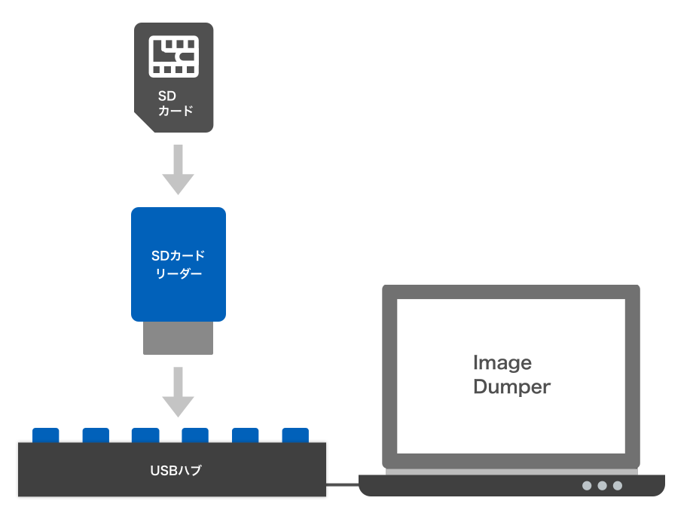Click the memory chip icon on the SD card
click(x=174, y=56)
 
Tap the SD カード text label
click(x=176, y=103)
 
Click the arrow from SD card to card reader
click(x=178, y=169)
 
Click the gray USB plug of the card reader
click(x=179, y=338)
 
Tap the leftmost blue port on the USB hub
click(x=46, y=435)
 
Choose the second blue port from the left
click(x=96, y=435)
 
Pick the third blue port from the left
click(x=145, y=435)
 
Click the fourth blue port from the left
click(x=195, y=435)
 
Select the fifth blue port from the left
click(x=246, y=435)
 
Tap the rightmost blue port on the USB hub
click(x=295, y=435)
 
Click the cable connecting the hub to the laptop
click(x=343, y=484)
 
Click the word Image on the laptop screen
click(x=502, y=363)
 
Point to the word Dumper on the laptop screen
click(x=512, y=387)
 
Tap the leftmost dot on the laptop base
click(x=587, y=486)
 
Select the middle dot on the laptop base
click(x=602, y=486)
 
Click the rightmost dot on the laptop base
click(x=618, y=486)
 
